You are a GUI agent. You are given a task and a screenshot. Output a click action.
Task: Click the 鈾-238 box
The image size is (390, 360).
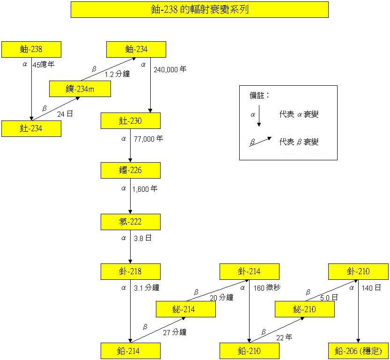[31, 49]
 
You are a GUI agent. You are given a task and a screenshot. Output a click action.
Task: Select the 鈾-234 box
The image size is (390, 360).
[136, 49]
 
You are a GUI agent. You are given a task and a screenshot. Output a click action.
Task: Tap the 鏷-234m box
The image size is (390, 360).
[80, 89]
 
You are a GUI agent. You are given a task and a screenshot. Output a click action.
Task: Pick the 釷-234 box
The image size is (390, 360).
[31, 128]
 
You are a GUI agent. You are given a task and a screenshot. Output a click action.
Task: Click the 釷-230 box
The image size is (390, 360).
[131, 121]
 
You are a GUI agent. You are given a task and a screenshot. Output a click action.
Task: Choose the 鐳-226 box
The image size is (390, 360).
[131, 170]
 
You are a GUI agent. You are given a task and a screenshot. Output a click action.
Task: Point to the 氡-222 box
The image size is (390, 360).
[131, 222]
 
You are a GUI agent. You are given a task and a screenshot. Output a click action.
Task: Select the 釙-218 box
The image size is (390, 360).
[131, 271]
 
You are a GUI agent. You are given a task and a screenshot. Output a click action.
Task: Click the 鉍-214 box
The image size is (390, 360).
[185, 309]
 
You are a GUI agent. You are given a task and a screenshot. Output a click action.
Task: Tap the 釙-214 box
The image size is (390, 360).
[250, 271]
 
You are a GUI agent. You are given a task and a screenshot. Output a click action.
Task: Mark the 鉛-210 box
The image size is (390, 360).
[250, 351]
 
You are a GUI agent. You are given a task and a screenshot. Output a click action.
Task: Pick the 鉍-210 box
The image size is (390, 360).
[304, 309]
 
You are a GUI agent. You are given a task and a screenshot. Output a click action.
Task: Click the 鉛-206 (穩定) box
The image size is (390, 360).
[359, 351]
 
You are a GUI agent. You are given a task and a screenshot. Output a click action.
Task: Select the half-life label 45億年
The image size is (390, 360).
[44, 65]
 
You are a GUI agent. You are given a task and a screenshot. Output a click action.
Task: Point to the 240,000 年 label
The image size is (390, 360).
[170, 69]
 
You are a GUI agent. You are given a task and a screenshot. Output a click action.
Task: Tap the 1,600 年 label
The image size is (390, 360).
[145, 189]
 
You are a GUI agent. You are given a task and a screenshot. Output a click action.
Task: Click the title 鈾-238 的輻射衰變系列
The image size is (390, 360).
[199, 9]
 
